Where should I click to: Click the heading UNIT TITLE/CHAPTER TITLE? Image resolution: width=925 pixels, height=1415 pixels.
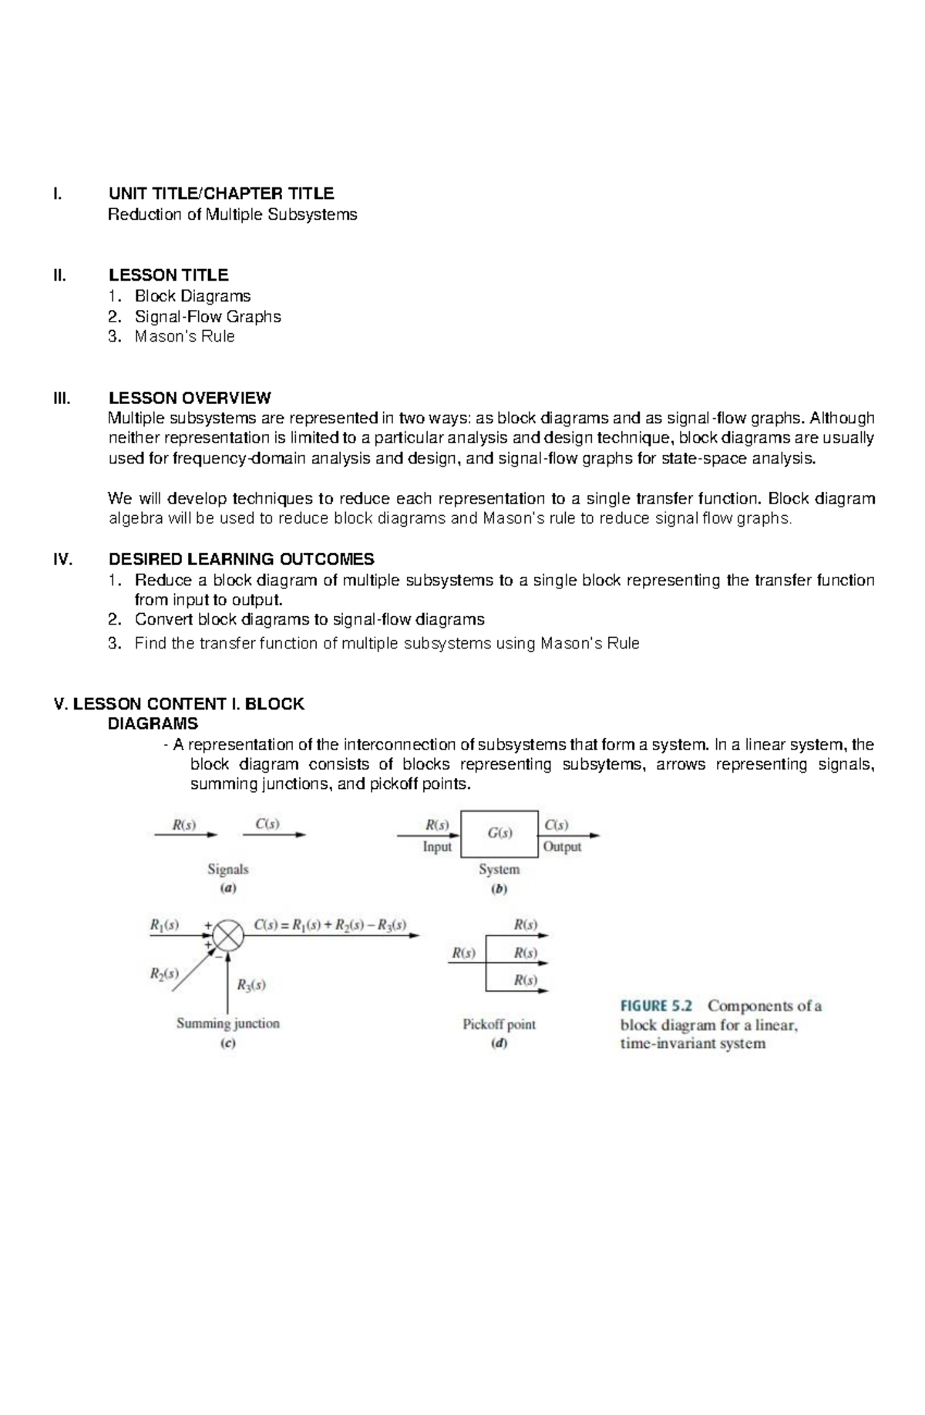coord(220,193)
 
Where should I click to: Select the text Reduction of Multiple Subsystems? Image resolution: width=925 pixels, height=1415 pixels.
coord(232,214)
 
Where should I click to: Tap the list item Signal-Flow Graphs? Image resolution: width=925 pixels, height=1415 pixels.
coord(207,316)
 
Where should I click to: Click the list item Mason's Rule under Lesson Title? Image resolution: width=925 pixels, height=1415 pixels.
coord(184,336)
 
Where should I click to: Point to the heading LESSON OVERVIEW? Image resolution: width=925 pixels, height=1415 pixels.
coord(190,398)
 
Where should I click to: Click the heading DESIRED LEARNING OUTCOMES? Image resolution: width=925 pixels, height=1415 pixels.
coord(241,559)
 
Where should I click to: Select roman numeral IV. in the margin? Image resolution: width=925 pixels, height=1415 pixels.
coord(62,560)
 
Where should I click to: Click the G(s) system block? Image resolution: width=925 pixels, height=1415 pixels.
coord(499,833)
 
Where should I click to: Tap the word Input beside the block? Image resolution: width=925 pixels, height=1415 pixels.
coord(437,847)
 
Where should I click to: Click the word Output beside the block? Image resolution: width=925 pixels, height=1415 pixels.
coord(562,847)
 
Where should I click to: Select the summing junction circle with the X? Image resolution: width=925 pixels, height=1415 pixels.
coord(227,935)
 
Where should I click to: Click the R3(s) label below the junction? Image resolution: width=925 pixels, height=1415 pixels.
coord(251,985)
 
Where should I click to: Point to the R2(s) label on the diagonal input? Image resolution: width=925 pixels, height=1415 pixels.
coord(164,973)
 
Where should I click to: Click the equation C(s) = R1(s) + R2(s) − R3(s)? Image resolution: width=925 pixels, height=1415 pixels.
coord(330,925)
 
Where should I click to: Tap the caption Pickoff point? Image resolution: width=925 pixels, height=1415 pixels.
coord(499,1024)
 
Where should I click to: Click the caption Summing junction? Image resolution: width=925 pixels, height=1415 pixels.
coord(228,1023)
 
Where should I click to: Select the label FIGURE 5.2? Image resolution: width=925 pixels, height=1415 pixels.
coord(657,1006)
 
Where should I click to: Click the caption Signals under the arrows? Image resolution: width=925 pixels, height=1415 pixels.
coord(228,869)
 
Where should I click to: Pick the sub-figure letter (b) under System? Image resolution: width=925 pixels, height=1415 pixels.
coord(499,888)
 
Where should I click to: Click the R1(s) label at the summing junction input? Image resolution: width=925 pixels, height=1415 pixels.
coord(165,924)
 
